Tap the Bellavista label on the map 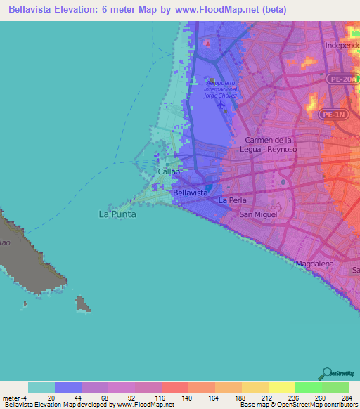coord(189,192)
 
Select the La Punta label coord(116,214)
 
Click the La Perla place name coord(232,200)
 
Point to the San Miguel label coord(258,214)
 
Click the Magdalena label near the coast coord(314,264)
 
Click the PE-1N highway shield coord(331,113)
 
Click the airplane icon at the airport coord(223,105)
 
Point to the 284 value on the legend coord(345,397)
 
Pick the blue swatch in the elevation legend coord(68,387)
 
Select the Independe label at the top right coord(342,45)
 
